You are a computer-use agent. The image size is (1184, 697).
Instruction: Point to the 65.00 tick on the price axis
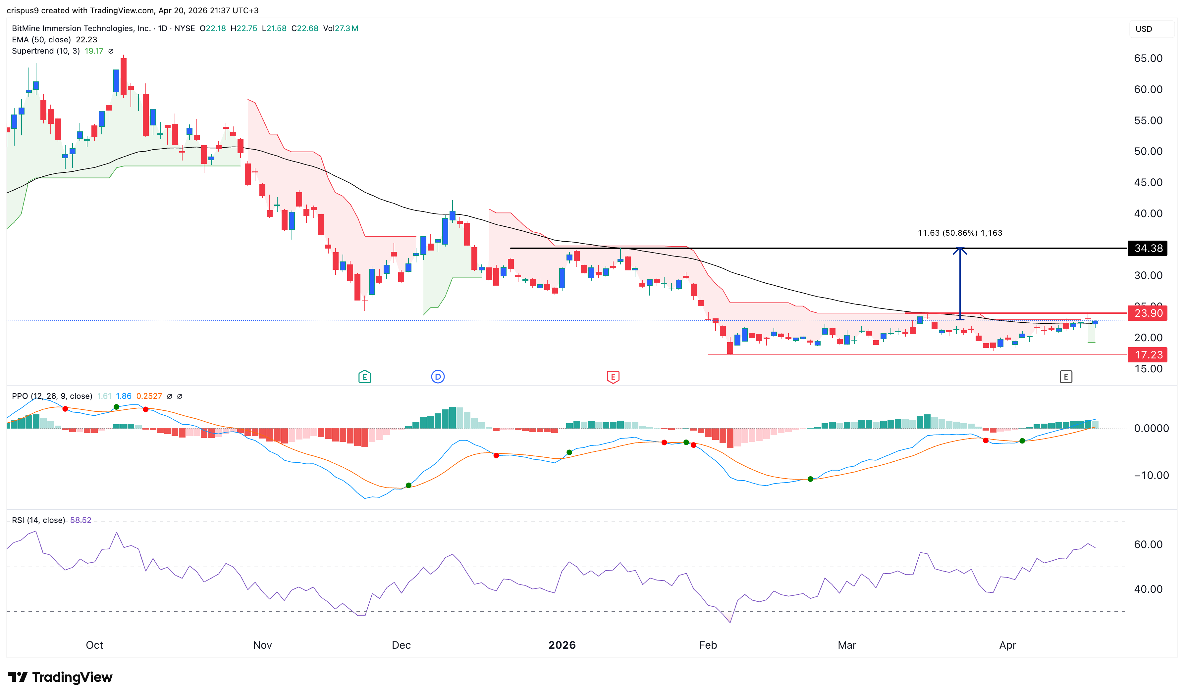(1148, 58)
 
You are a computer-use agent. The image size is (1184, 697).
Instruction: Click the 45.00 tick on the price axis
(1148, 182)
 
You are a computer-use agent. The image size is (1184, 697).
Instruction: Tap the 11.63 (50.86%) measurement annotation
(959, 233)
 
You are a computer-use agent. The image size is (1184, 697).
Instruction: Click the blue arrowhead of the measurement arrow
(960, 250)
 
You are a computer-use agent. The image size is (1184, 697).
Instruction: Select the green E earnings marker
(364, 377)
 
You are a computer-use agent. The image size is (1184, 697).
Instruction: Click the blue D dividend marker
(438, 377)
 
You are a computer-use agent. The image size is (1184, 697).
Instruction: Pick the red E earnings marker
(613, 377)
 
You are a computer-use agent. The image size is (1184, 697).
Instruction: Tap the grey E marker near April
(1065, 377)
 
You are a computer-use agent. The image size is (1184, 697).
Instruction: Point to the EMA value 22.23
(86, 39)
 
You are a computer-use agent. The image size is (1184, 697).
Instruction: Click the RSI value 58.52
(81, 520)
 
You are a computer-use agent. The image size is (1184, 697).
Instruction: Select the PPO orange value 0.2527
(149, 396)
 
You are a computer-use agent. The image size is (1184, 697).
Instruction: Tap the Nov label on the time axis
(262, 645)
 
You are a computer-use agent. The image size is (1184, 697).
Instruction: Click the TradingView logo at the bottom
(60, 677)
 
